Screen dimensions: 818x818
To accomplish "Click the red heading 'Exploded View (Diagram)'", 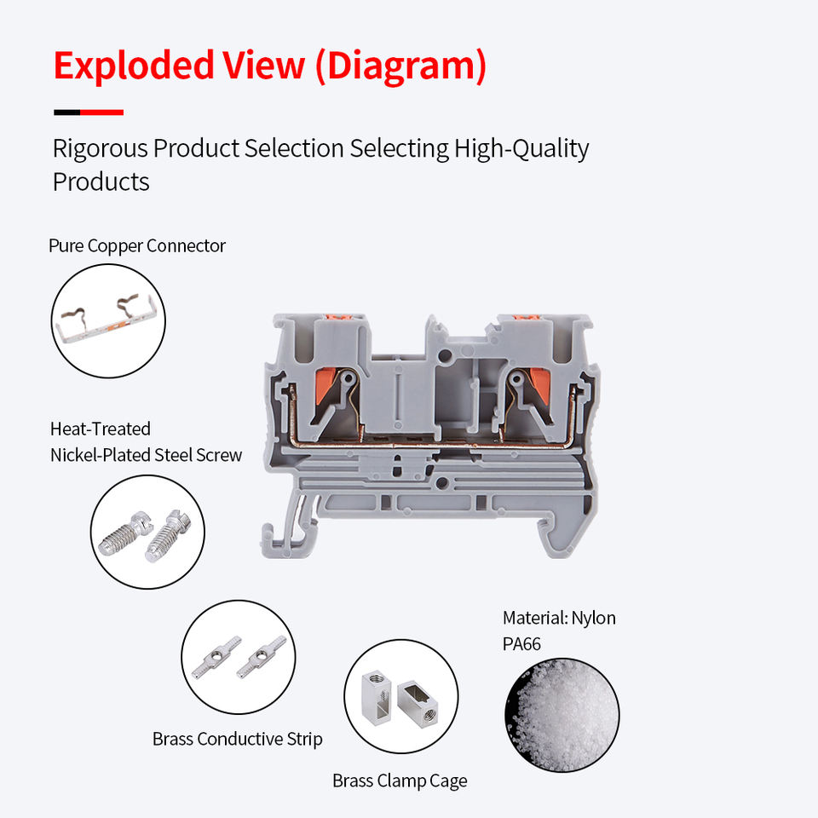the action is point(269,66).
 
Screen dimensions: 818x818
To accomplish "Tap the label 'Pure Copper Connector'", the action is point(137,246).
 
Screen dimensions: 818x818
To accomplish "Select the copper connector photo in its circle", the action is point(108,321).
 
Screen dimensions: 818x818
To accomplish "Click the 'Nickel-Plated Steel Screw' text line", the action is point(146,455).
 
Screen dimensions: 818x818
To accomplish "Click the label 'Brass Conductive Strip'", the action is point(237,739).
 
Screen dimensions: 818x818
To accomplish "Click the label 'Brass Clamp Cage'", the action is point(400,781).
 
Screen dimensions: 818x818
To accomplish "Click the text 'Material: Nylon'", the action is point(559,618).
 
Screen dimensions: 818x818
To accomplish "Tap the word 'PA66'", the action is point(521,644).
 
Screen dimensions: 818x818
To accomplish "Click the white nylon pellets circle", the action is point(562,714).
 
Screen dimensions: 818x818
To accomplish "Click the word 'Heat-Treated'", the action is point(101,429).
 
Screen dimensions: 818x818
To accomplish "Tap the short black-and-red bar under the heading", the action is point(89,112).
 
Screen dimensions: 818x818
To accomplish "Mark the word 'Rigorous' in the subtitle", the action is point(100,149).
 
